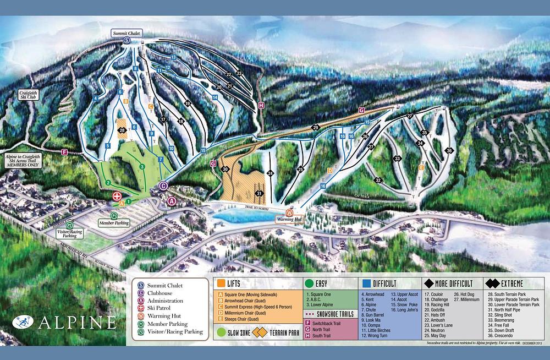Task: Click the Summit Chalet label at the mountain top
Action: (x=127, y=34)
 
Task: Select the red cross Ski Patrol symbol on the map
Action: (x=117, y=196)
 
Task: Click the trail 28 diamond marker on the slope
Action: (x=122, y=130)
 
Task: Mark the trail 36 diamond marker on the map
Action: (x=449, y=150)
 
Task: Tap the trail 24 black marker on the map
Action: (x=270, y=173)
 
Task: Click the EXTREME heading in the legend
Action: (x=508, y=283)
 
